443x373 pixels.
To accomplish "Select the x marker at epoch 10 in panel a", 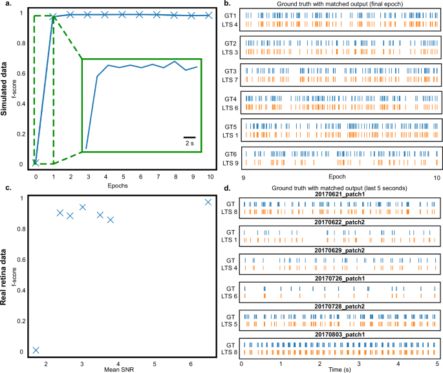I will [209, 15].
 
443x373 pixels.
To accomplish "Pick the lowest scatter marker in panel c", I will [36, 350].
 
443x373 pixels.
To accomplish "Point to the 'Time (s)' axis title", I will [339, 369].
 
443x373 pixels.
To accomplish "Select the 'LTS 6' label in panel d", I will [229, 295].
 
